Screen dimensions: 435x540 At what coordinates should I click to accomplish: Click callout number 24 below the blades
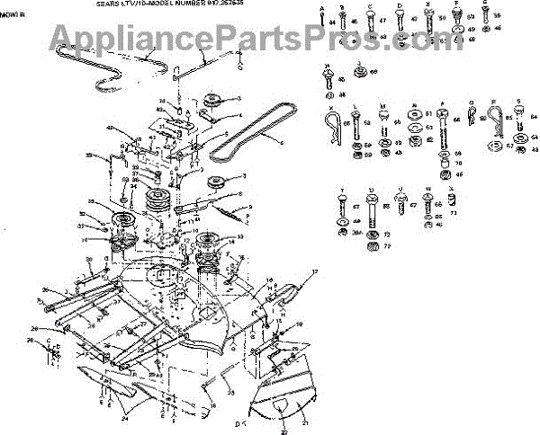point(126,418)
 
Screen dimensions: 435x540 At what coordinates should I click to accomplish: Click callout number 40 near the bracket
point(111,128)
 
